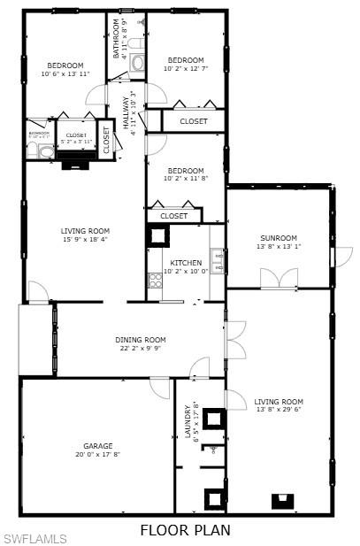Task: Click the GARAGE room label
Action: tap(97, 445)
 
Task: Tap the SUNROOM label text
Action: tap(278, 237)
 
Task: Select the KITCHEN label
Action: tap(186, 263)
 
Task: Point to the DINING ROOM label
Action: tap(141, 340)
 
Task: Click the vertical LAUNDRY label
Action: tap(188, 420)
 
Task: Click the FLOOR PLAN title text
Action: tap(186, 530)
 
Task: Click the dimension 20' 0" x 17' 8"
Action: tap(97, 455)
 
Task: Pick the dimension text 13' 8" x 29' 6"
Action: tap(278, 409)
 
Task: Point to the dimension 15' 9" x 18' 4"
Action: tap(86, 239)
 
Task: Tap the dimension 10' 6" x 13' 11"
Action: tap(65, 73)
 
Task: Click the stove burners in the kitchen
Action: tap(156, 281)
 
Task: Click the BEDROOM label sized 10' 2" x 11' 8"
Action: tap(186, 171)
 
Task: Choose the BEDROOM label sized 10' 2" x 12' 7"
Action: tap(186, 60)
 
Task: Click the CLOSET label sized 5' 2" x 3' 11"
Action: tap(77, 135)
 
